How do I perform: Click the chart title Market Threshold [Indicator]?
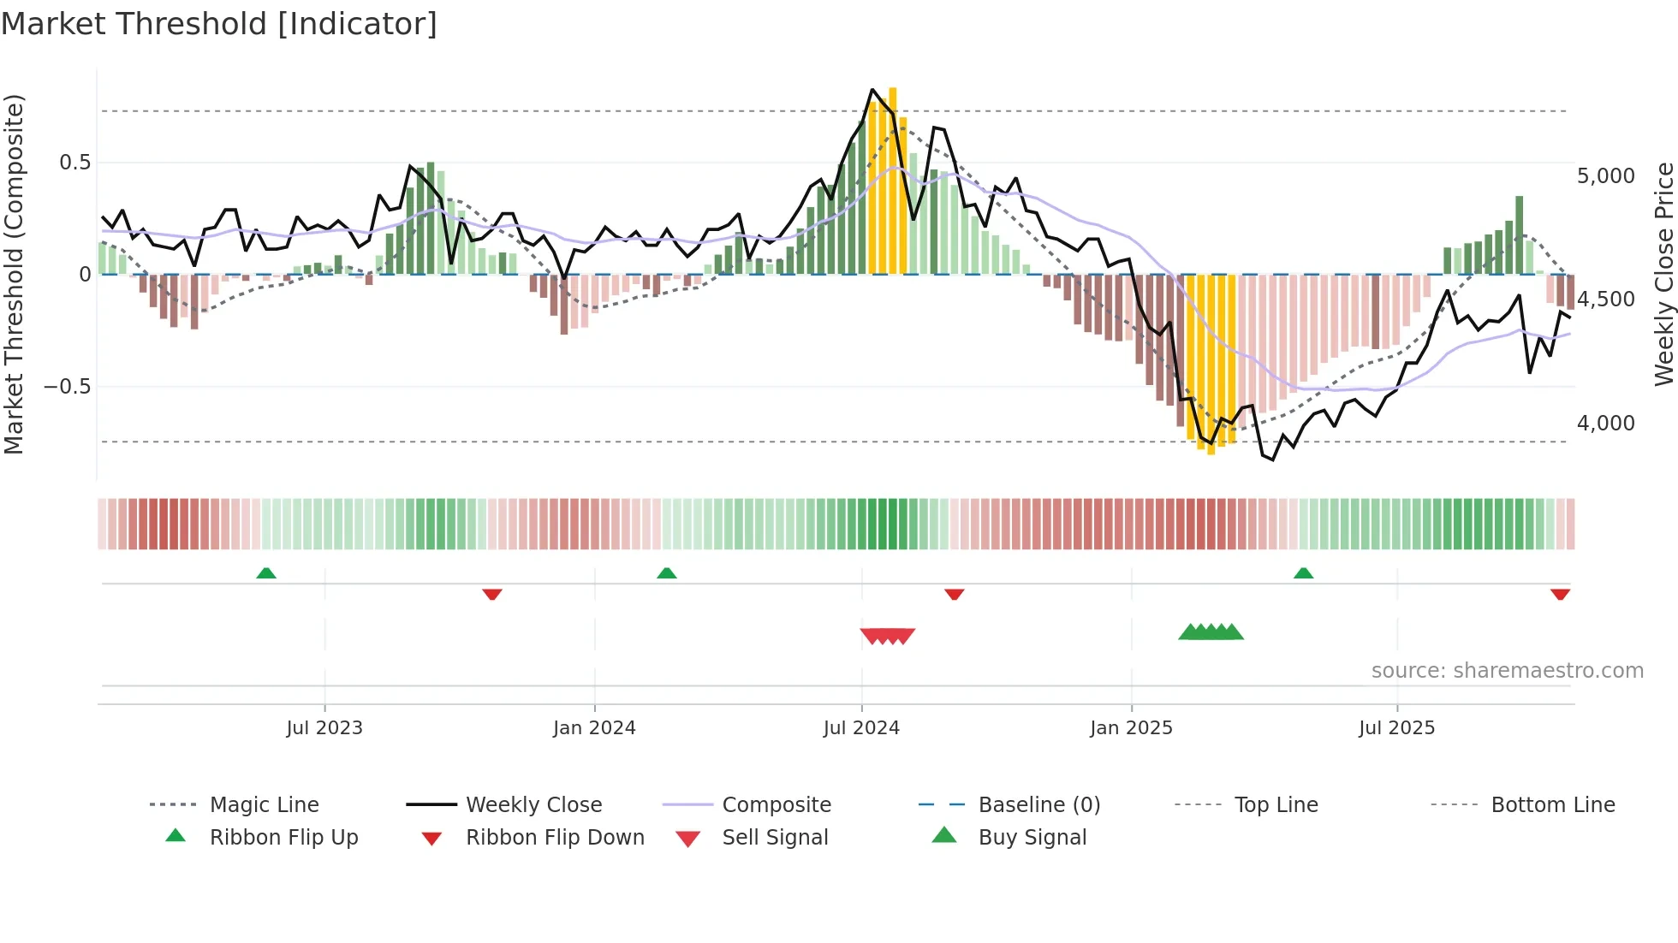tap(219, 24)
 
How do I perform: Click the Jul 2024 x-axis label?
tap(861, 728)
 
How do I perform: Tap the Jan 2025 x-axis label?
tap(1131, 728)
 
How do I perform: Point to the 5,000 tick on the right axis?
tap(1605, 176)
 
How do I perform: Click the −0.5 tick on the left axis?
tap(67, 387)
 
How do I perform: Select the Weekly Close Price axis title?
tap(1663, 274)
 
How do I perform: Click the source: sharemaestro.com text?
tap(1507, 671)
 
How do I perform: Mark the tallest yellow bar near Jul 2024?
tap(893, 180)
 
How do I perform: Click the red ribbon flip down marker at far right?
tap(1560, 594)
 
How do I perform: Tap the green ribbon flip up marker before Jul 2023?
tap(266, 573)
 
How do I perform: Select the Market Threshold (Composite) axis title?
tap(14, 274)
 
